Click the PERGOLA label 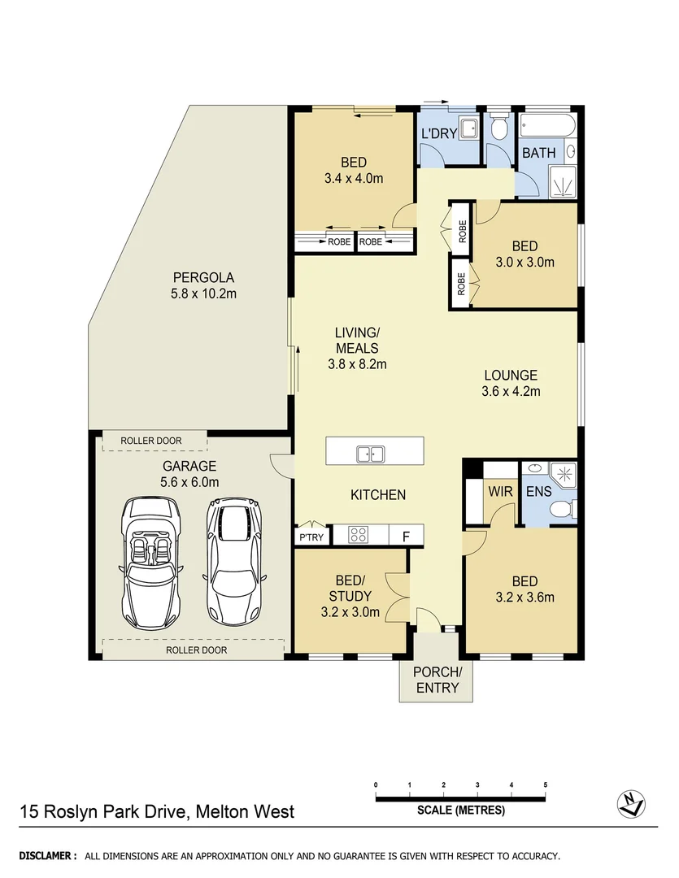pyautogui.click(x=192, y=276)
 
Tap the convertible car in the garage pyautogui.click(x=150, y=560)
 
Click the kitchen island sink pyautogui.click(x=371, y=453)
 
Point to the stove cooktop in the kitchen pyautogui.click(x=359, y=535)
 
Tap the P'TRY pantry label pyautogui.click(x=311, y=537)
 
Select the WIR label pyautogui.click(x=499, y=491)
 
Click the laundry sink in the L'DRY pyautogui.click(x=468, y=128)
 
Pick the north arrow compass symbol pyautogui.click(x=629, y=804)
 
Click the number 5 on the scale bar pyautogui.click(x=545, y=785)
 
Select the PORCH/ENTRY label pyautogui.click(x=437, y=680)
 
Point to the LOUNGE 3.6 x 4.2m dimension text pyautogui.click(x=511, y=391)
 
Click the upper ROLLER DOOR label pyautogui.click(x=151, y=441)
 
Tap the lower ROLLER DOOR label pyautogui.click(x=196, y=650)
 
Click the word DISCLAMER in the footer pyautogui.click(x=48, y=856)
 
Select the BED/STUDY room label pyautogui.click(x=351, y=588)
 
